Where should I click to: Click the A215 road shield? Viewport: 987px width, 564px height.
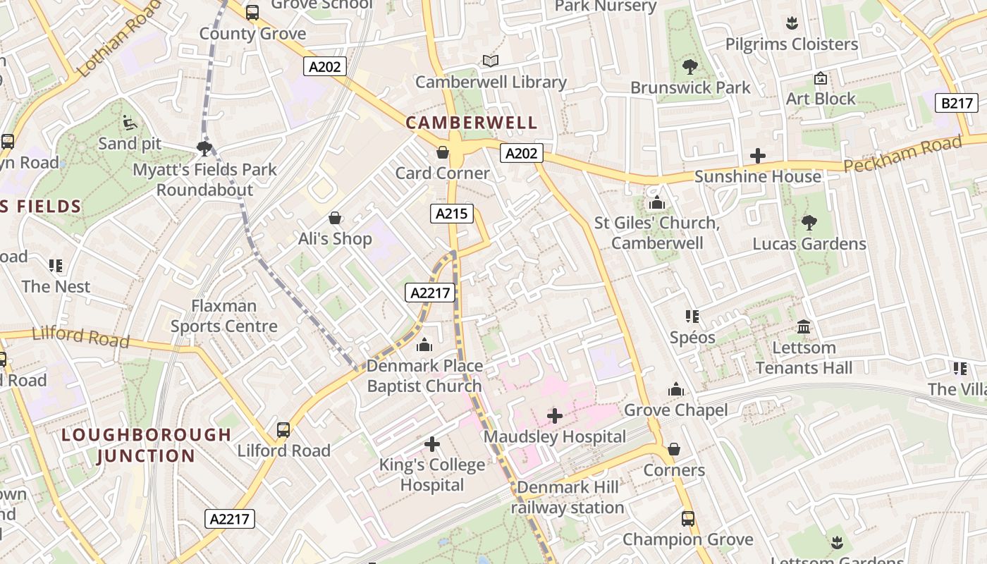451,214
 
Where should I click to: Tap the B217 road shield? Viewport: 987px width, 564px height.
957,103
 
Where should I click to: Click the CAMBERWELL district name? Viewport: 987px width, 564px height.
472,123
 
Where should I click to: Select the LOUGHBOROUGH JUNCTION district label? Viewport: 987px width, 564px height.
146,445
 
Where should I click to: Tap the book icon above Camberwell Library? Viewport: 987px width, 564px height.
491,61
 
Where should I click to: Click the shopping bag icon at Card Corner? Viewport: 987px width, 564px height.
443,152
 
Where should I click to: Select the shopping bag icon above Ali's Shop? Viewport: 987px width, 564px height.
335,218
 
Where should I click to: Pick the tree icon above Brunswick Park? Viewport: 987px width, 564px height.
690,67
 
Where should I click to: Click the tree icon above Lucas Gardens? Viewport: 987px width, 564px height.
809,223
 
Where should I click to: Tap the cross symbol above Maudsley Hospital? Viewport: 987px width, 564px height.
555,416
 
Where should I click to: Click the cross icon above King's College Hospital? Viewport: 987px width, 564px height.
432,444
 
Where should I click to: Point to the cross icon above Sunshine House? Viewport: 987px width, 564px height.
758,156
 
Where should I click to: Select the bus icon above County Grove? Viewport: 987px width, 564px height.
252,12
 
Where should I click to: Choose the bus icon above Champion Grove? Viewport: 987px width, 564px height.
688,519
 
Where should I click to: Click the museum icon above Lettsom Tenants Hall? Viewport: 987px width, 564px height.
804,326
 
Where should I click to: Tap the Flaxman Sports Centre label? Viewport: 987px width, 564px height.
224,316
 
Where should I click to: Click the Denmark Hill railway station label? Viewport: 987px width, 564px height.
568,497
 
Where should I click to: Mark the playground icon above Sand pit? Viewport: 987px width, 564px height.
129,123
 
